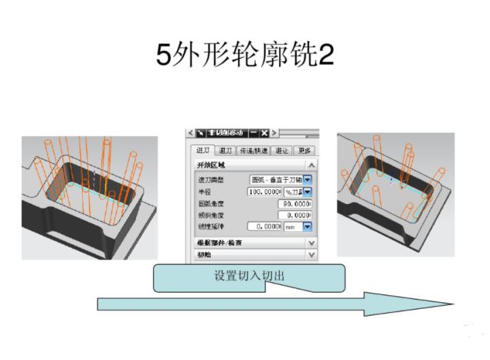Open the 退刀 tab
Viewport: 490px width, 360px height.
[x=225, y=150]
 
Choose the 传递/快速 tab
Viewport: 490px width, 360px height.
[x=255, y=150]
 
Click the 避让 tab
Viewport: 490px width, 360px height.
[x=282, y=150]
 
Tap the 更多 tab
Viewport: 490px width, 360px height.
[x=304, y=150]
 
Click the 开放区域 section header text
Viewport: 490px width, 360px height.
[x=210, y=165]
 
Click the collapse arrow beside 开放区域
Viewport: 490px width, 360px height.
[x=311, y=165]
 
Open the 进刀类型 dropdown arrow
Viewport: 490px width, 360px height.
[x=307, y=180]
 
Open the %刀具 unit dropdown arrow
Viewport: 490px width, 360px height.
[x=307, y=192]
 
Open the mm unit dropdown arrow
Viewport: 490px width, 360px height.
[x=307, y=226]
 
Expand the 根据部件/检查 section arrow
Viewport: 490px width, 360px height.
[x=311, y=242]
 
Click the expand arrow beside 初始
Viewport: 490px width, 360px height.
[x=311, y=255]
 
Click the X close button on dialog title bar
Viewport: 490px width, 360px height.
[x=263, y=132]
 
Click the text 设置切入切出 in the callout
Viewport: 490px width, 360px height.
[x=249, y=276]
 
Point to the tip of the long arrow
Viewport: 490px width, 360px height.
[x=451, y=304]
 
